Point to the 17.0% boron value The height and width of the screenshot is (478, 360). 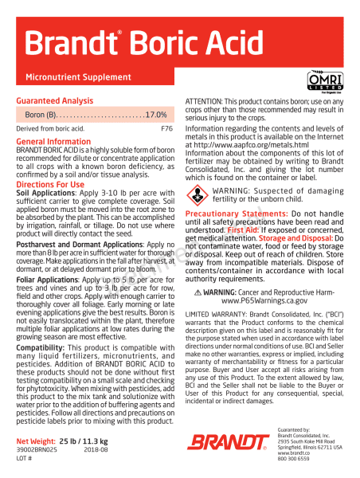155,116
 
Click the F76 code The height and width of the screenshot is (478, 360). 166,128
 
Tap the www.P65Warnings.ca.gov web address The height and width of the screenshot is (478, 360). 264,301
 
